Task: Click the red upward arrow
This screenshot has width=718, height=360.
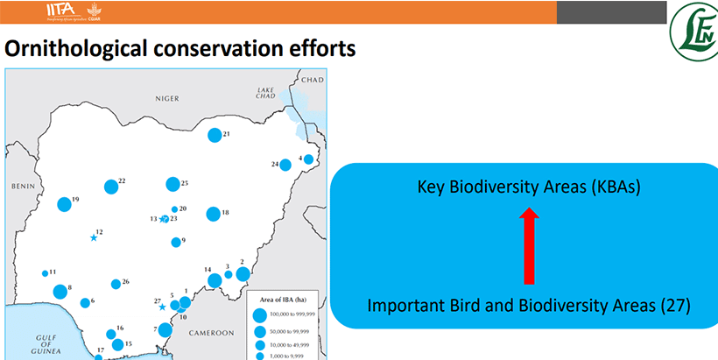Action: coord(528,246)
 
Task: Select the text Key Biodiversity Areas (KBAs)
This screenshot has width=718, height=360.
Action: coord(529,187)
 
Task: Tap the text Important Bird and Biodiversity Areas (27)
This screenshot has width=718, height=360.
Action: coord(529,306)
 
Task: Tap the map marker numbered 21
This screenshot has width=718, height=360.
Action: coord(215,135)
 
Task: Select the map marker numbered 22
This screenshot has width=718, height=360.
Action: coord(111,187)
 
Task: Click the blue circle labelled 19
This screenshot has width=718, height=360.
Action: coord(64,204)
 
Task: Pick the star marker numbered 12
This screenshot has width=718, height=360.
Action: coord(93,237)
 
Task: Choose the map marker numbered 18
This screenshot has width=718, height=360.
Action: coord(213,214)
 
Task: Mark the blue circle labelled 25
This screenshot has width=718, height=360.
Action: coord(172,184)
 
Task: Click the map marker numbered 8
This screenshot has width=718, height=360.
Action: coord(60,291)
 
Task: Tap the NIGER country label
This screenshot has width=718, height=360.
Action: coord(166,99)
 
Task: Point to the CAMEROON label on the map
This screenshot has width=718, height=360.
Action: coord(208,333)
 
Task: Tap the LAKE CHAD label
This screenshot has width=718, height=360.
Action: coord(267,95)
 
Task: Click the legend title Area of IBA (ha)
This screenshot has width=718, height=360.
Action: coord(281,299)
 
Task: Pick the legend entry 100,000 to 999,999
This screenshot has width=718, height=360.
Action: coord(294,314)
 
